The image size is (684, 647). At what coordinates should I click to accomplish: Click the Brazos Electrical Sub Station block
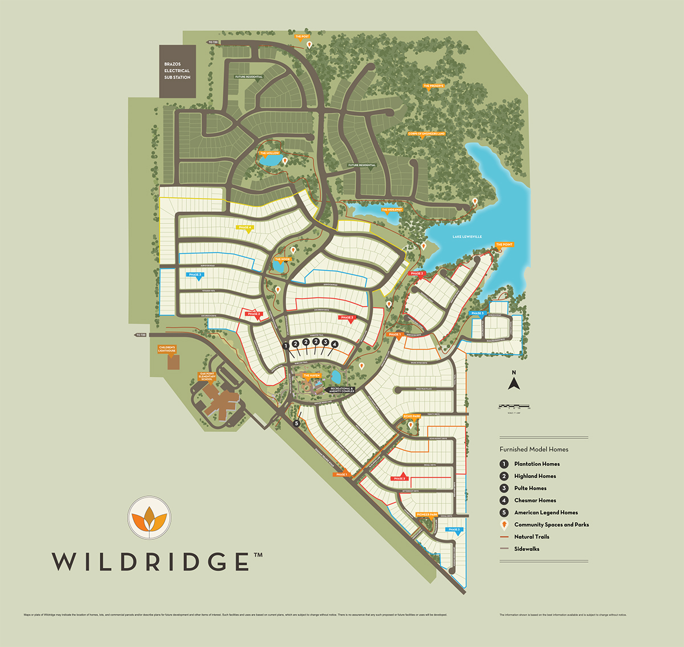pyautogui.click(x=177, y=71)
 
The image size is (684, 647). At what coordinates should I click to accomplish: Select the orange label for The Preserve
pyautogui.click(x=433, y=86)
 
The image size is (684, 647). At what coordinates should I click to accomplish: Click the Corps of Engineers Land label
pyautogui.click(x=426, y=134)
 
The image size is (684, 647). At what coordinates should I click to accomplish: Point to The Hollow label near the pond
pyautogui.click(x=270, y=153)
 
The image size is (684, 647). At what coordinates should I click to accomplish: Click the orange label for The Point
pyautogui.click(x=504, y=245)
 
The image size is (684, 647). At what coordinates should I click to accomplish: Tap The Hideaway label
pyautogui.click(x=392, y=210)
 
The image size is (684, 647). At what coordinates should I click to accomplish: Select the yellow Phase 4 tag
pyautogui.click(x=245, y=227)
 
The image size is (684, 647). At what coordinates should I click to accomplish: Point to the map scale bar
pyautogui.click(x=514, y=407)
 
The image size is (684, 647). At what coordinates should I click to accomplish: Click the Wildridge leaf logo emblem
pyautogui.click(x=149, y=517)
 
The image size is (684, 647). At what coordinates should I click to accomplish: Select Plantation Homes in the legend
pyautogui.click(x=536, y=464)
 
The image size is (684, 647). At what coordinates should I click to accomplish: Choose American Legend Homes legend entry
pyautogui.click(x=545, y=512)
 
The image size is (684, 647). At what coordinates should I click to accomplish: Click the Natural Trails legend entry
pyautogui.click(x=531, y=537)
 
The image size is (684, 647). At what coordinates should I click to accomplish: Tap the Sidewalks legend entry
pyautogui.click(x=526, y=549)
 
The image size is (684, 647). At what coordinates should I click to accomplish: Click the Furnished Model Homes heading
pyautogui.click(x=534, y=449)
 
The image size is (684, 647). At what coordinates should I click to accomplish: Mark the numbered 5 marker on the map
pyautogui.click(x=296, y=424)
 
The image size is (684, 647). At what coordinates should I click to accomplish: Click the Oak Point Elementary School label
pyautogui.click(x=206, y=377)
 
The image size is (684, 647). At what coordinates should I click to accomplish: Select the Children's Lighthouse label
pyautogui.click(x=167, y=349)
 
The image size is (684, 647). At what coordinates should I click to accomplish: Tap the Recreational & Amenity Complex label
pyautogui.click(x=342, y=390)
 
